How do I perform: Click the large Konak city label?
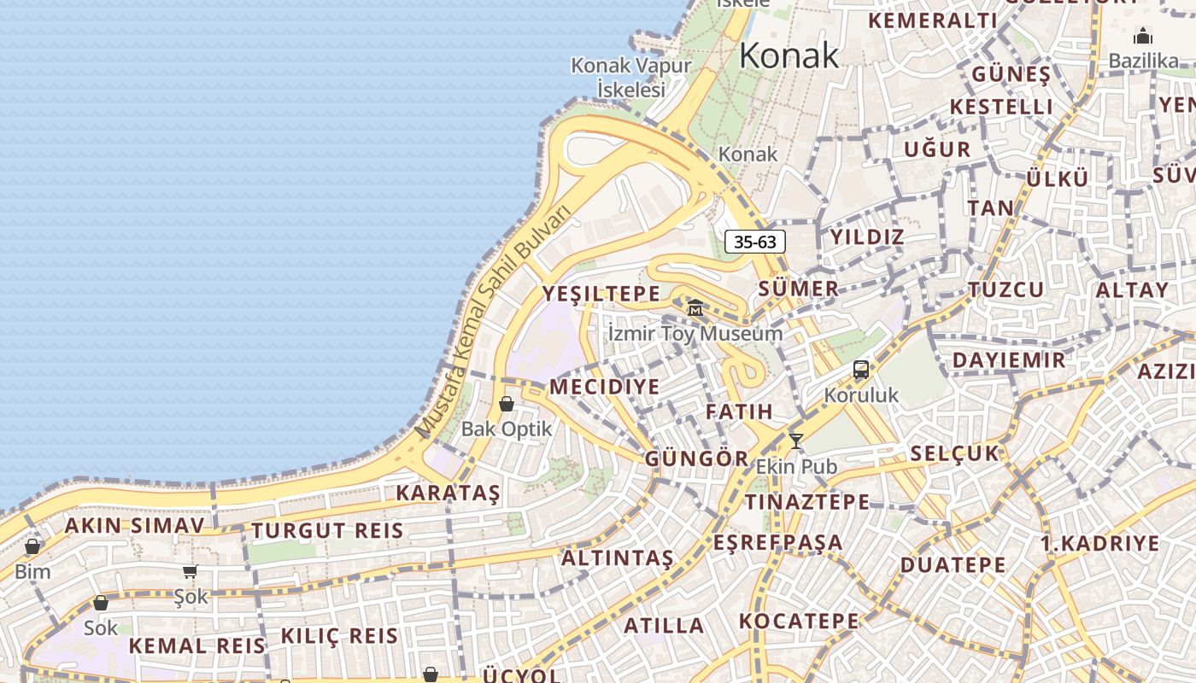[x=789, y=55]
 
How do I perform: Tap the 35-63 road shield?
[x=755, y=242]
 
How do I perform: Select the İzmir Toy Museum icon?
[x=695, y=307]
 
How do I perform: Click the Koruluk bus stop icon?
[x=861, y=371]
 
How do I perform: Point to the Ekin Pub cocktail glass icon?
[x=796, y=441]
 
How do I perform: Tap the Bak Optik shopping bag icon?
[x=507, y=404]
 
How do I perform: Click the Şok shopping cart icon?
[x=190, y=571]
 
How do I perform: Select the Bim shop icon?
[x=32, y=546]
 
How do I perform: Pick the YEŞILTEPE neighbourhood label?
[x=601, y=295]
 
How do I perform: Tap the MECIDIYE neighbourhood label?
[x=605, y=387]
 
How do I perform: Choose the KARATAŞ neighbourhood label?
[x=448, y=493]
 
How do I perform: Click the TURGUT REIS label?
[x=327, y=530]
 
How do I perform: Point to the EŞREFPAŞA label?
[x=778, y=543]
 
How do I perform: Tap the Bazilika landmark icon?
[x=1142, y=36]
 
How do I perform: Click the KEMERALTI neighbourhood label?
[x=932, y=20]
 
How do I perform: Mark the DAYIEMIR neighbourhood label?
[x=1009, y=360]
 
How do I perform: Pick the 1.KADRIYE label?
[x=1100, y=544]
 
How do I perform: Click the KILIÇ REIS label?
[x=339, y=636]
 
